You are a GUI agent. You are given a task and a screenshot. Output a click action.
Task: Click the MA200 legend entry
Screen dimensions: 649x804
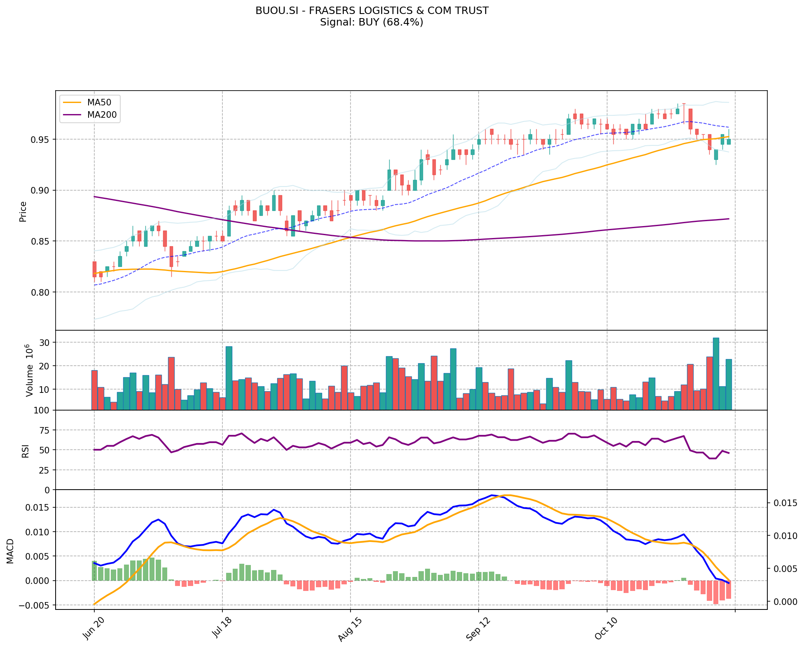coord(102,115)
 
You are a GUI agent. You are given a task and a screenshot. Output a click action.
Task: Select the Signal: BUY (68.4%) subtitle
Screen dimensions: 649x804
coord(372,22)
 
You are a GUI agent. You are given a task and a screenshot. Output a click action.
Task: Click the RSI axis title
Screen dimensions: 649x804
coord(26,451)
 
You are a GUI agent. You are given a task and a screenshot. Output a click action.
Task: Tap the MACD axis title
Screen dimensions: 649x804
coord(10,551)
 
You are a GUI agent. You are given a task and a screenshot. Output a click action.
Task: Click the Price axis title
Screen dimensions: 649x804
coord(23,212)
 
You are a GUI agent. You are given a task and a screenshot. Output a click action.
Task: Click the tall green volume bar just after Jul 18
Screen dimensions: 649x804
coord(229,378)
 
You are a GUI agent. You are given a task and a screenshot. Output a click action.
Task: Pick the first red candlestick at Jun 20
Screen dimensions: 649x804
coord(94,269)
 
